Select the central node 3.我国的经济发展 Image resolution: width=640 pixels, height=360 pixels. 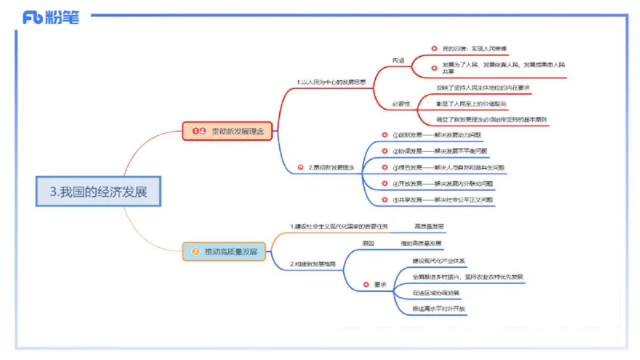tap(98, 191)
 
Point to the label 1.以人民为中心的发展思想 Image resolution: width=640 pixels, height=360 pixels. tap(330, 82)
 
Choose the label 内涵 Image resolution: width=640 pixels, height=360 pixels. tap(398, 60)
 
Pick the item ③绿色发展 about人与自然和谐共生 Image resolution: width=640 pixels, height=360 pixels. tap(448, 168)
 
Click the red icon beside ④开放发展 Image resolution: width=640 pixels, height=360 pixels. tap(384, 184)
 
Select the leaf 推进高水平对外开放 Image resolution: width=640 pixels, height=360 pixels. tap(438, 308)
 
